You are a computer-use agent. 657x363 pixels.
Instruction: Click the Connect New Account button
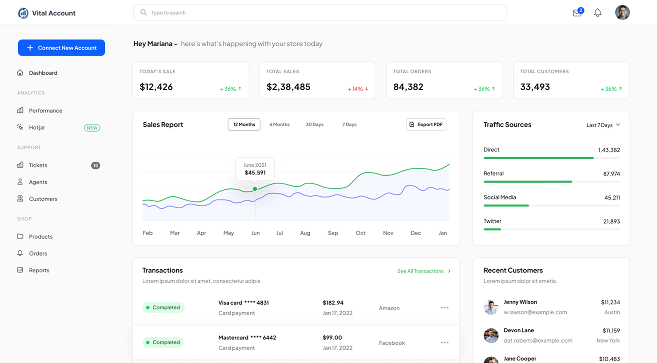pos(61,48)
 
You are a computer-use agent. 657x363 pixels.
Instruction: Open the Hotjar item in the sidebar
pos(37,128)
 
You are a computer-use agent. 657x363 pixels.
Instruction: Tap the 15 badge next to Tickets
pos(96,165)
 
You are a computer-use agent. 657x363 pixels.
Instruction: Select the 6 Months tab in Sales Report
pos(279,124)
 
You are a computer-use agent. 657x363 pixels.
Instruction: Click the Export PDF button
pos(426,124)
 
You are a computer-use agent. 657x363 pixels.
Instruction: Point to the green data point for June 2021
pos(255,189)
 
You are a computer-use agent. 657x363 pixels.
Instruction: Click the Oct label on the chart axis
pos(361,233)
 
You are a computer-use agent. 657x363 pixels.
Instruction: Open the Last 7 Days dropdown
pos(603,125)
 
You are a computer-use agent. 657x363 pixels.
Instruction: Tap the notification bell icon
pos(597,13)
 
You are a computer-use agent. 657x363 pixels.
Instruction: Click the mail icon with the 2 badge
pos(577,13)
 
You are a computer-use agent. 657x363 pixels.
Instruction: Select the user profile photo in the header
pos(622,12)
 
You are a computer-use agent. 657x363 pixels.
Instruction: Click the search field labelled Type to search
pos(320,12)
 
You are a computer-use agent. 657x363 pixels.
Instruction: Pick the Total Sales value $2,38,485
pos(288,87)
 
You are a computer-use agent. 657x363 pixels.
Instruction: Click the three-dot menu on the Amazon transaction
pos(445,307)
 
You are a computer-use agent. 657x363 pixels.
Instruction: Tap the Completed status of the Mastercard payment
pos(163,342)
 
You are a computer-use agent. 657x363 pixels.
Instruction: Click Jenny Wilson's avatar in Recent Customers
pos(491,307)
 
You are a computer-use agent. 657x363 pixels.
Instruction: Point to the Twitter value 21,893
pos(611,221)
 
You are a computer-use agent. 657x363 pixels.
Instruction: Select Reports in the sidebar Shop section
pos(39,270)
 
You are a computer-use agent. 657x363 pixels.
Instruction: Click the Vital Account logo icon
pos(23,13)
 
